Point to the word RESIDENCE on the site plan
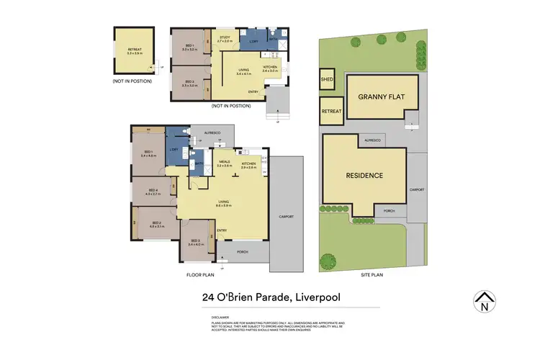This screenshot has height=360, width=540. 365,175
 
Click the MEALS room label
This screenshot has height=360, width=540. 223,162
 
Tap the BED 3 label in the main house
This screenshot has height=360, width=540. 194,241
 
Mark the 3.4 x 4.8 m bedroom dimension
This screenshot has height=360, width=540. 148,155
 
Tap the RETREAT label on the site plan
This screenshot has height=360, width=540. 331,112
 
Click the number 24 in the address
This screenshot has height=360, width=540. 210,297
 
